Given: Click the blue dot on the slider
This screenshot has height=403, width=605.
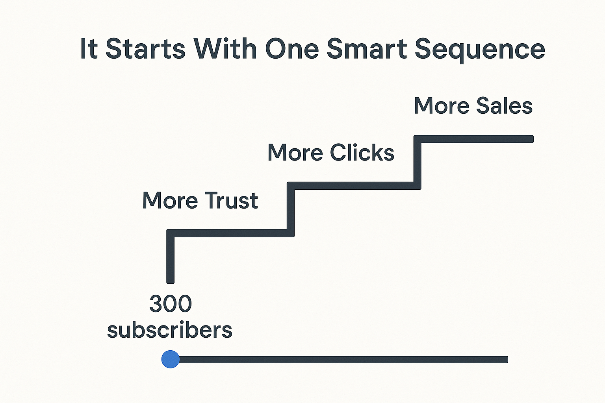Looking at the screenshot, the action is coord(171,359).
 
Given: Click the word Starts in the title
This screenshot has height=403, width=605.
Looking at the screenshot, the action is coord(145,49).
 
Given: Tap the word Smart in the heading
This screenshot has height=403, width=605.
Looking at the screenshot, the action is coord(367,49).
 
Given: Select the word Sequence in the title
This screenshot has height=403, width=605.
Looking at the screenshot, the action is coord(480,50).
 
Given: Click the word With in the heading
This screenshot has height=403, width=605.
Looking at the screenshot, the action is coord(225,49).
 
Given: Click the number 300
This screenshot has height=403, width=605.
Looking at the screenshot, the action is coord(171,304).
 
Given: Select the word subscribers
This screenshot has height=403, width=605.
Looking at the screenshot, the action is coord(170,329).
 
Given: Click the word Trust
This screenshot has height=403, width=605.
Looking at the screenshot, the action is coord(231,200).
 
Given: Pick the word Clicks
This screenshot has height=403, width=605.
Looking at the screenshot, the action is coord(362,153).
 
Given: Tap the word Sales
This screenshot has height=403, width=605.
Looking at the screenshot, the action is coord(504,105).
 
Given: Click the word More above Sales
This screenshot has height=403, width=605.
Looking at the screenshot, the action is coord(441,105).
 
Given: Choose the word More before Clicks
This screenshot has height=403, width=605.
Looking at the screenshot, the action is coord(295,153).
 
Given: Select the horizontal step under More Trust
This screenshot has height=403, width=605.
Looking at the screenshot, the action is coord(230,233).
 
